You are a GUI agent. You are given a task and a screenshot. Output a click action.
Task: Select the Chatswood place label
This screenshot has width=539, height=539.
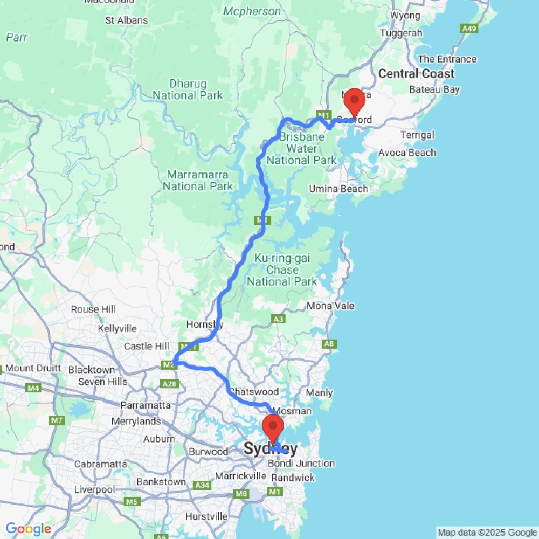(254, 392)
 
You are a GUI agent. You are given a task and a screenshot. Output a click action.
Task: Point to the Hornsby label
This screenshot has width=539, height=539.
(204, 324)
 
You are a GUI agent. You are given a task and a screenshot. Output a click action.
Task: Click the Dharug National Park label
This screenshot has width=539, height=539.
(188, 89)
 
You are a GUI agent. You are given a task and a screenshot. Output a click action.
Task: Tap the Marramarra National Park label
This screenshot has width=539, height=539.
(198, 181)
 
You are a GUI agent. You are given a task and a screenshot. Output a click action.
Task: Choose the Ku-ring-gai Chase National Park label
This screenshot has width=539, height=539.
(282, 269)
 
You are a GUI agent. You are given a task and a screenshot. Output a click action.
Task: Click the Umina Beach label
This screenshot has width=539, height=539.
(338, 189)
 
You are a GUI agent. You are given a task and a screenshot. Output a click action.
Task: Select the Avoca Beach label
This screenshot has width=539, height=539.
(407, 153)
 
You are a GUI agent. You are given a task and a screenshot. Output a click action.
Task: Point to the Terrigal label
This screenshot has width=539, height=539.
(417, 135)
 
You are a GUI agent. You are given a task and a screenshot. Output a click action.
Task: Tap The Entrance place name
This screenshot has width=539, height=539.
(447, 59)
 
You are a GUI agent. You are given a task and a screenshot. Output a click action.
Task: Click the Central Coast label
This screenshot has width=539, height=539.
(416, 74)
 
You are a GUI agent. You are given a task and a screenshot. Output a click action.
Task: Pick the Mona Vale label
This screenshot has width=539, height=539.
(330, 306)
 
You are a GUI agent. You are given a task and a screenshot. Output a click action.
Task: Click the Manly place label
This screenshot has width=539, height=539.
(319, 393)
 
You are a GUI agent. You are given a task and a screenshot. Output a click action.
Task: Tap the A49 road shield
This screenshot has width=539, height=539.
(468, 28)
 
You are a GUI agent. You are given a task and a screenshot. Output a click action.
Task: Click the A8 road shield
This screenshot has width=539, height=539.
(328, 344)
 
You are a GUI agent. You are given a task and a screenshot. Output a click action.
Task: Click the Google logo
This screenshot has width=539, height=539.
(28, 529)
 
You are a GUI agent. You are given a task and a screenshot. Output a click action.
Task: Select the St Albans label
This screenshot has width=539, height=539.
(126, 20)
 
